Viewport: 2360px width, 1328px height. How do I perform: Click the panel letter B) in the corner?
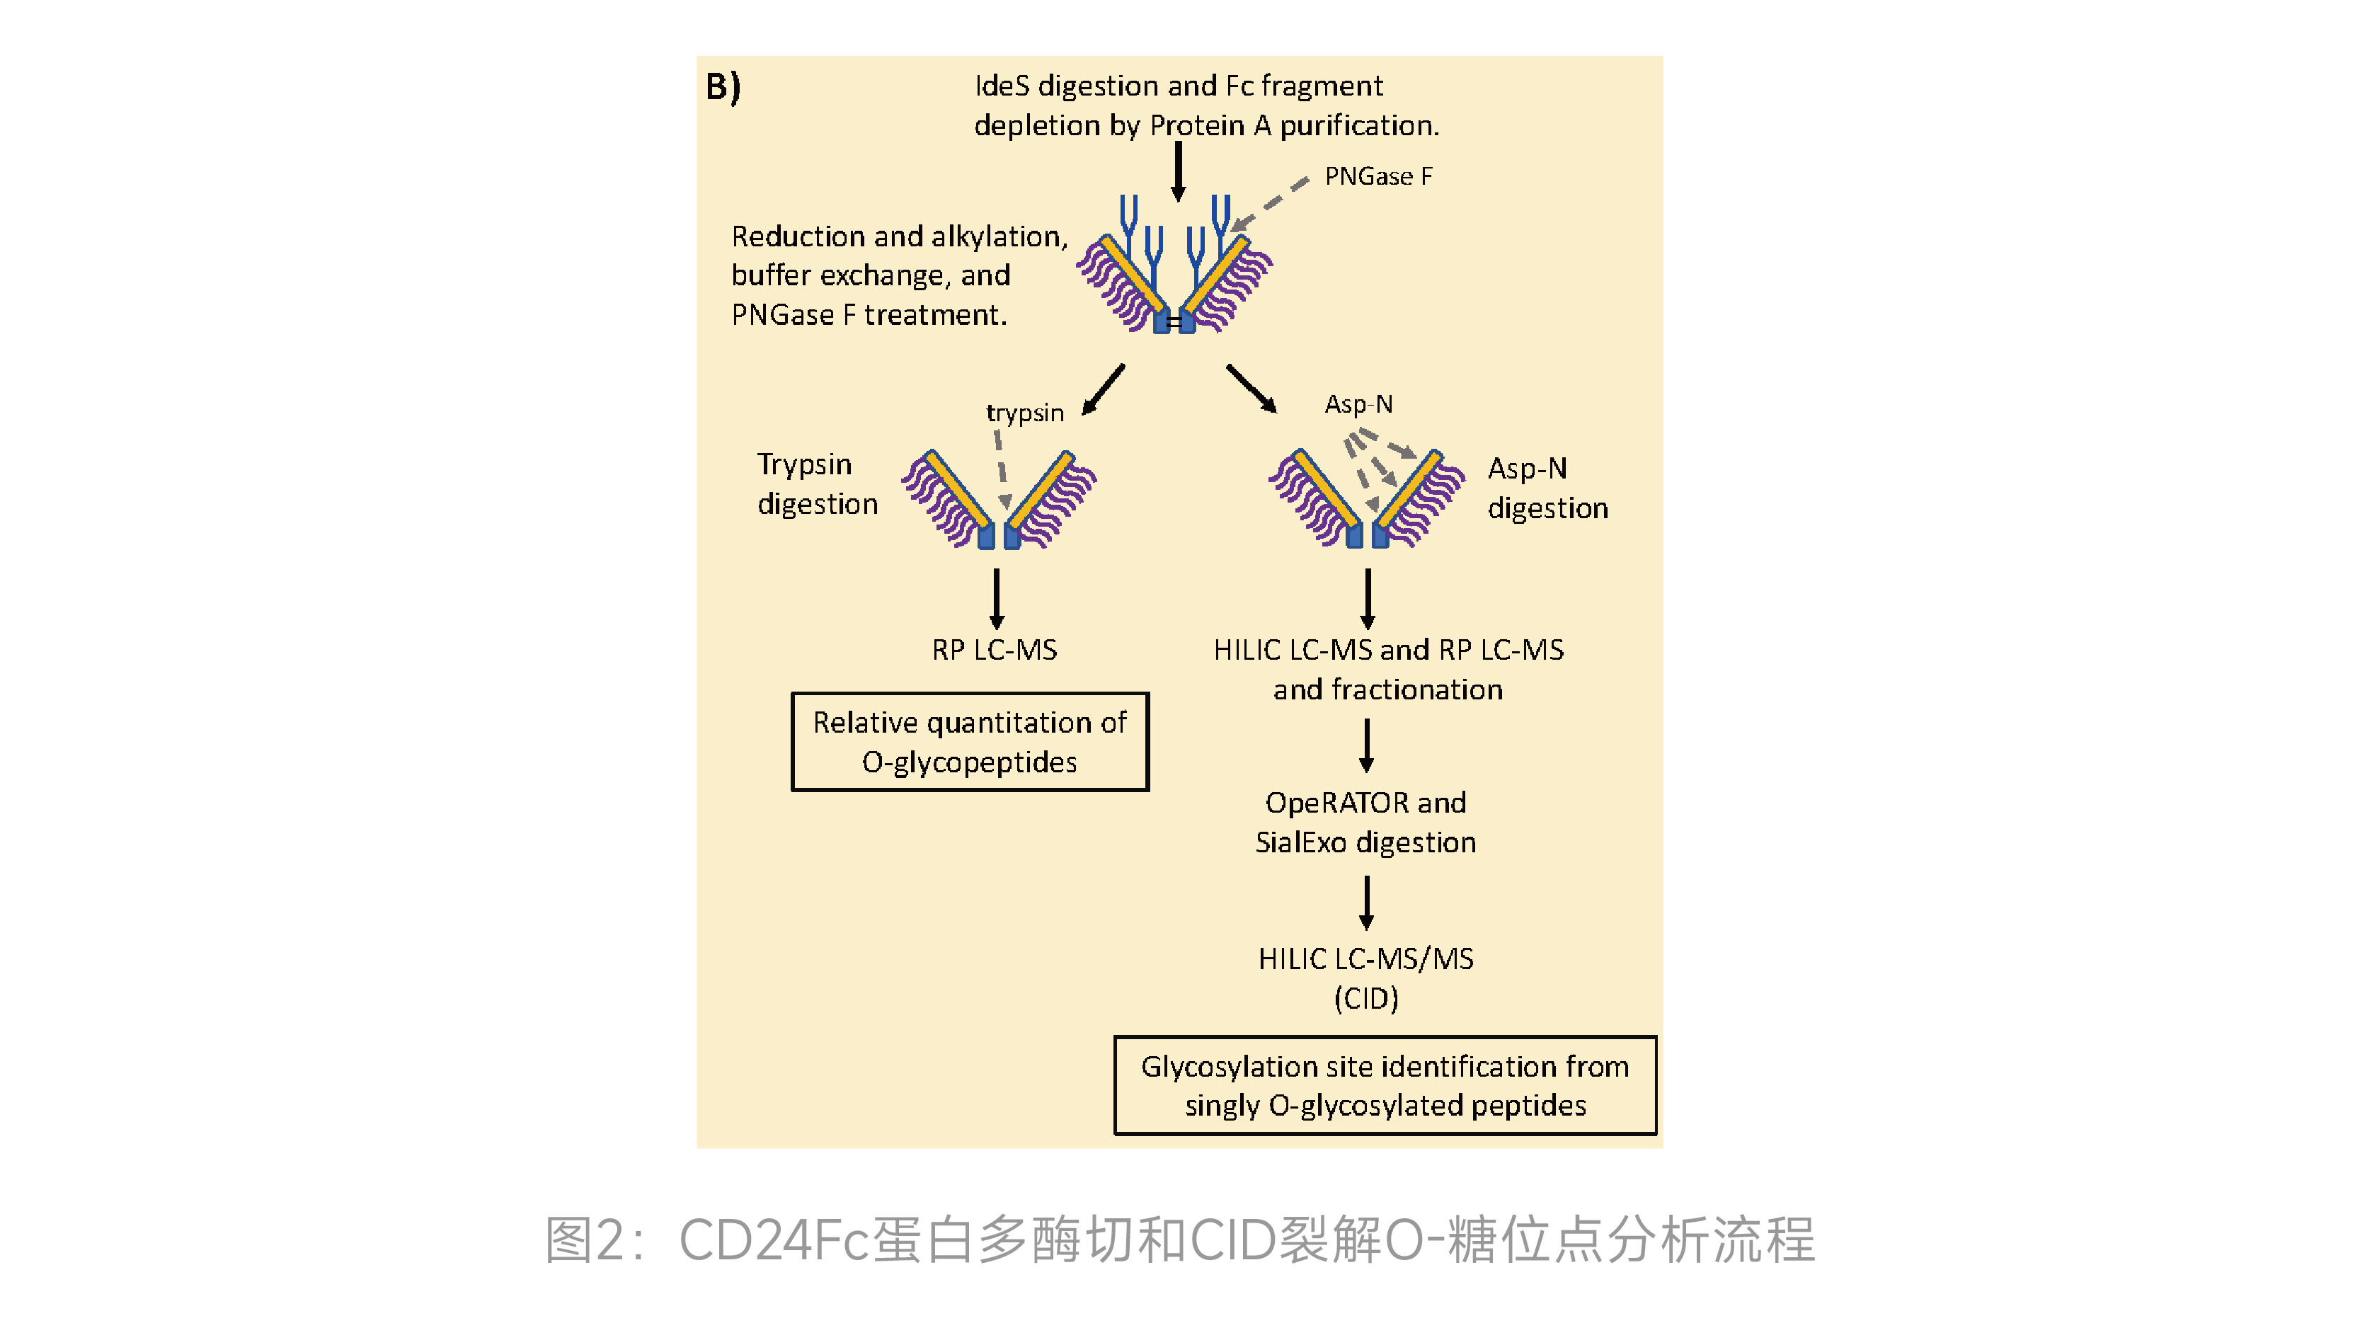pyautogui.click(x=723, y=87)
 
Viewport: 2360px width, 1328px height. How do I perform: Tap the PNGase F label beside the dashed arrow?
pyautogui.click(x=1378, y=176)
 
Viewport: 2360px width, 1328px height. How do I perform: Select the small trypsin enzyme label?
pyautogui.click(x=1024, y=413)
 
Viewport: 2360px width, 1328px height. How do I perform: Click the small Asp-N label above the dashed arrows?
pyautogui.click(x=1358, y=404)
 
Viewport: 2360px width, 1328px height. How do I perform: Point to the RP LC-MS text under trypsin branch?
pyautogui.click(x=994, y=650)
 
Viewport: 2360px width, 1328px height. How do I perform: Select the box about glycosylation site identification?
pyautogui.click(x=1385, y=1085)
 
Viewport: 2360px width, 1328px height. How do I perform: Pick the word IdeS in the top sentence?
pyautogui.click(x=1002, y=86)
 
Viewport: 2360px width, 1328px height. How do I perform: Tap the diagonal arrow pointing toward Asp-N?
pyautogui.click(x=1251, y=389)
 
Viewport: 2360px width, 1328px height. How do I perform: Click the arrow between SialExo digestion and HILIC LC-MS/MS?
pyautogui.click(x=1366, y=903)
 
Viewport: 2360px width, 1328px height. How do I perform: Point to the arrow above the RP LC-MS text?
pyautogui.click(x=997, y=598)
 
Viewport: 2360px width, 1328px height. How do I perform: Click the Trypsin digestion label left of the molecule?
pyautogui.click(x=816, y=484)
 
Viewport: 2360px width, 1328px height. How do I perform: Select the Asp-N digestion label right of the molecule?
pyautogui.click(x=1547, y=488)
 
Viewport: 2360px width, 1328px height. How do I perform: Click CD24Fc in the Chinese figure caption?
pyautogui.click(x=772, y=1241)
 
